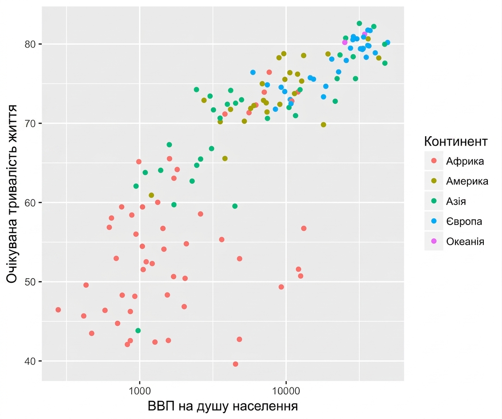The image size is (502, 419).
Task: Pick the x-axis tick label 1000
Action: point(140,391)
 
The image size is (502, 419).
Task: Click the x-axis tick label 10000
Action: point(286,391)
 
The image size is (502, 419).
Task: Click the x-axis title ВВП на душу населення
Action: point(223,406)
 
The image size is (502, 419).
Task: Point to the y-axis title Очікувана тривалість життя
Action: point(12,194)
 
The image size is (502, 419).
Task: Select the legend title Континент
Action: point(455,141)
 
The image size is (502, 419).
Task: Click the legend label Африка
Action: point(465,161)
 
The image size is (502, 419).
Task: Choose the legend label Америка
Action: point(467,181)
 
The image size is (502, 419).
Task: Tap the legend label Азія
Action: point(456,202)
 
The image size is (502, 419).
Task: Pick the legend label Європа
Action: point(464,221)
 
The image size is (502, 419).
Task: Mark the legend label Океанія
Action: point(465,241)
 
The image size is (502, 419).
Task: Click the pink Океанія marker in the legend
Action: point(434,241)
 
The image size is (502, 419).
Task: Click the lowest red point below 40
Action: point(235,364)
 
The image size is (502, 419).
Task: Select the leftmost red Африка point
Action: point(58,310)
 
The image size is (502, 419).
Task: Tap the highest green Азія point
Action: point(359,24)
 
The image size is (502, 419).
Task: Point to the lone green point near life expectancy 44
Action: point(138,331)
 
